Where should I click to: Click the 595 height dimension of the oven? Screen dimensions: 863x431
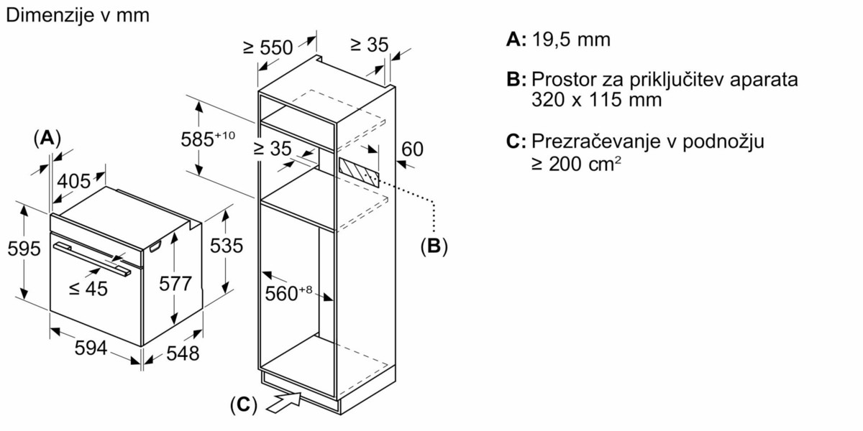(24, 249)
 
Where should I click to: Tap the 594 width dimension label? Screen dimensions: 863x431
(91, 348)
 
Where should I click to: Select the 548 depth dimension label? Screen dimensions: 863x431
(183, 353)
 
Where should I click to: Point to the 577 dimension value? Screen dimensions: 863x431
(175, 284)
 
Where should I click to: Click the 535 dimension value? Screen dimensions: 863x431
(227, 246)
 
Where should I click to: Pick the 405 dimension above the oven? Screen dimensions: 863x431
(74, 181)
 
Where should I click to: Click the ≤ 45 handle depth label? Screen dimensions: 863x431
(88, 289)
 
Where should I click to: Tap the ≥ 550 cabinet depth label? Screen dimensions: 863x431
(268, 47)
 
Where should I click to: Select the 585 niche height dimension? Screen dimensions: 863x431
(208, 139)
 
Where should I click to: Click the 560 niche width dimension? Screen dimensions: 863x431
(288, 293)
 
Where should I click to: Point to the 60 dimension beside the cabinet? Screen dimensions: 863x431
(412, 149)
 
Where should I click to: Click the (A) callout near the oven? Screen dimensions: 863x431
(47, 138)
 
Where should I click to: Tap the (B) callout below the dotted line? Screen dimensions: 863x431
(434, 246)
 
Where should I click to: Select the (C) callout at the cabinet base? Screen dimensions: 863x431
(244, 405)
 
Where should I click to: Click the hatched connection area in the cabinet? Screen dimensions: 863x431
(359, 172)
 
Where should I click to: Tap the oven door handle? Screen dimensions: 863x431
(92, 259)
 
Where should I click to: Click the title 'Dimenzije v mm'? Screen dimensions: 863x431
(78, 15)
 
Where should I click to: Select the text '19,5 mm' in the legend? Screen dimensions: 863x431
(571, 40)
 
